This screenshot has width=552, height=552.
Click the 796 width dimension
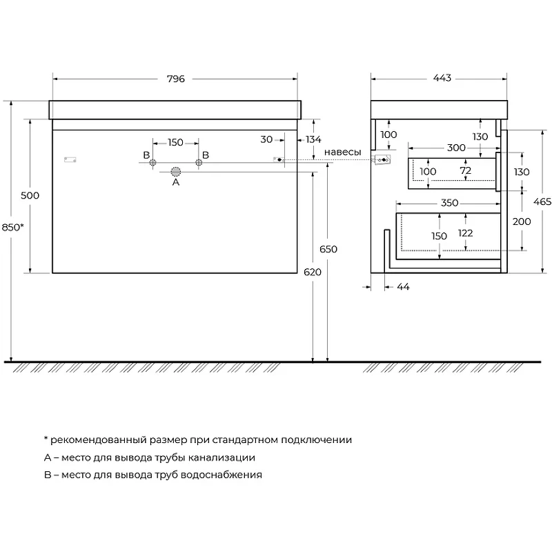[x=176, y=79]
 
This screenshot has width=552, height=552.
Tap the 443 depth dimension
[x=442, y=78]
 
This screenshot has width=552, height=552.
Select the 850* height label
[x=12, y=228]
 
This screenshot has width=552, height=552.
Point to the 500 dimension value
[x=30, y=195]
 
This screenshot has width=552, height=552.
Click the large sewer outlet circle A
[x=176, y=172]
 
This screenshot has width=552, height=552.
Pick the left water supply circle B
[x=152, y=163]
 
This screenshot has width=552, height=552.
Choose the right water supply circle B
[x=199, y=163]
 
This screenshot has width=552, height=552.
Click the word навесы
[x=342, y=152]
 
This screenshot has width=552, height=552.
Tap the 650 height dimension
[x=328, y=249]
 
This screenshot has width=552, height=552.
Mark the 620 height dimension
[x=313, y=272]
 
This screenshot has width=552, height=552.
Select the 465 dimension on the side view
[x=542, y=201]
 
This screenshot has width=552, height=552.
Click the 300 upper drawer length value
[x=456, y=148]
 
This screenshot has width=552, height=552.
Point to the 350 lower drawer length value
[x=450, y=203]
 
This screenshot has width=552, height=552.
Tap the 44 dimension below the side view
[x=403, y=287]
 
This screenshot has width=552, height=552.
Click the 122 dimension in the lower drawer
[x=465, y=233]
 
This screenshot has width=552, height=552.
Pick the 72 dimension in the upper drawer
[x=465, y=170]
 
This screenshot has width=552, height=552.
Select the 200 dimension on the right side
[x=522, y=221]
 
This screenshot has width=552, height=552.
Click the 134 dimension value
[x=313, y=140]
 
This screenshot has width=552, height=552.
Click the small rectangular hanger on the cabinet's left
[x=70, y=160]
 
